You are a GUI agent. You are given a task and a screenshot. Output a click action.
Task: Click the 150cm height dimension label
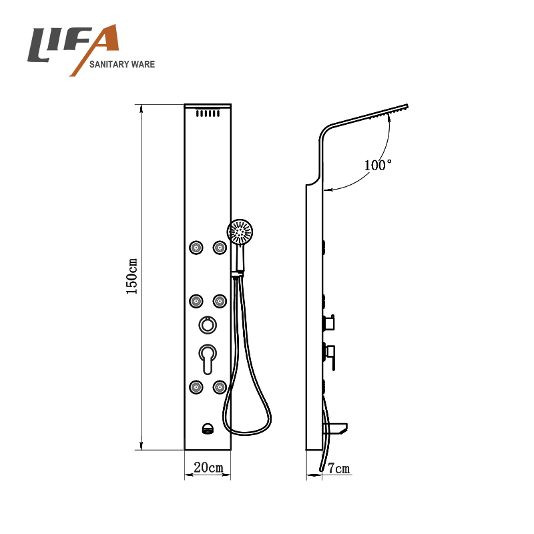coord(131,276)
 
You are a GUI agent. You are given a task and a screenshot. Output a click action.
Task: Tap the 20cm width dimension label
coord(208,467)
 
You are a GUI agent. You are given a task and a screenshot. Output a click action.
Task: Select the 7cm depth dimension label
coord(339,469)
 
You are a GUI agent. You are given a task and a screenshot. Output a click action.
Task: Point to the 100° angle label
coord(378,166)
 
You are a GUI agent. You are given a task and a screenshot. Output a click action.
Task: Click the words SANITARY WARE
coord(122,64)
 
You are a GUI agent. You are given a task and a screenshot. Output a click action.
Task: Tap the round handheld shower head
coord(240,232)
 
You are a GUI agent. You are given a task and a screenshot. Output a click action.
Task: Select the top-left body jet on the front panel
coord(196,248)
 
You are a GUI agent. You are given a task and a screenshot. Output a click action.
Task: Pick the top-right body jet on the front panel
coord(220,248)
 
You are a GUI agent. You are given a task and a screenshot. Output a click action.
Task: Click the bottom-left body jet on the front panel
coord(196,387)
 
